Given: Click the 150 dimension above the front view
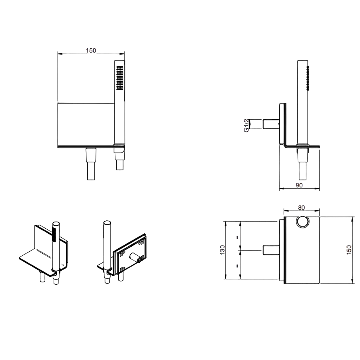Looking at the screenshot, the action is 91,51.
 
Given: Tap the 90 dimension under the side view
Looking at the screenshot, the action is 299,185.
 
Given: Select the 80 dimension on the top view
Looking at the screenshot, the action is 302,208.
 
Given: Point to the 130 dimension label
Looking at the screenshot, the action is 222,250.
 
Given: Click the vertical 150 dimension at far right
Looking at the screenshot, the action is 349,250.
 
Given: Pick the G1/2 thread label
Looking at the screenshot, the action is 246,125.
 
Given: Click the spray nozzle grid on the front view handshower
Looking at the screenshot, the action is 119,78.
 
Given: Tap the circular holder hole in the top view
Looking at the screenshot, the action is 303,222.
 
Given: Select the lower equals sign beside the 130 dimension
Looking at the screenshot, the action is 237,266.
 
